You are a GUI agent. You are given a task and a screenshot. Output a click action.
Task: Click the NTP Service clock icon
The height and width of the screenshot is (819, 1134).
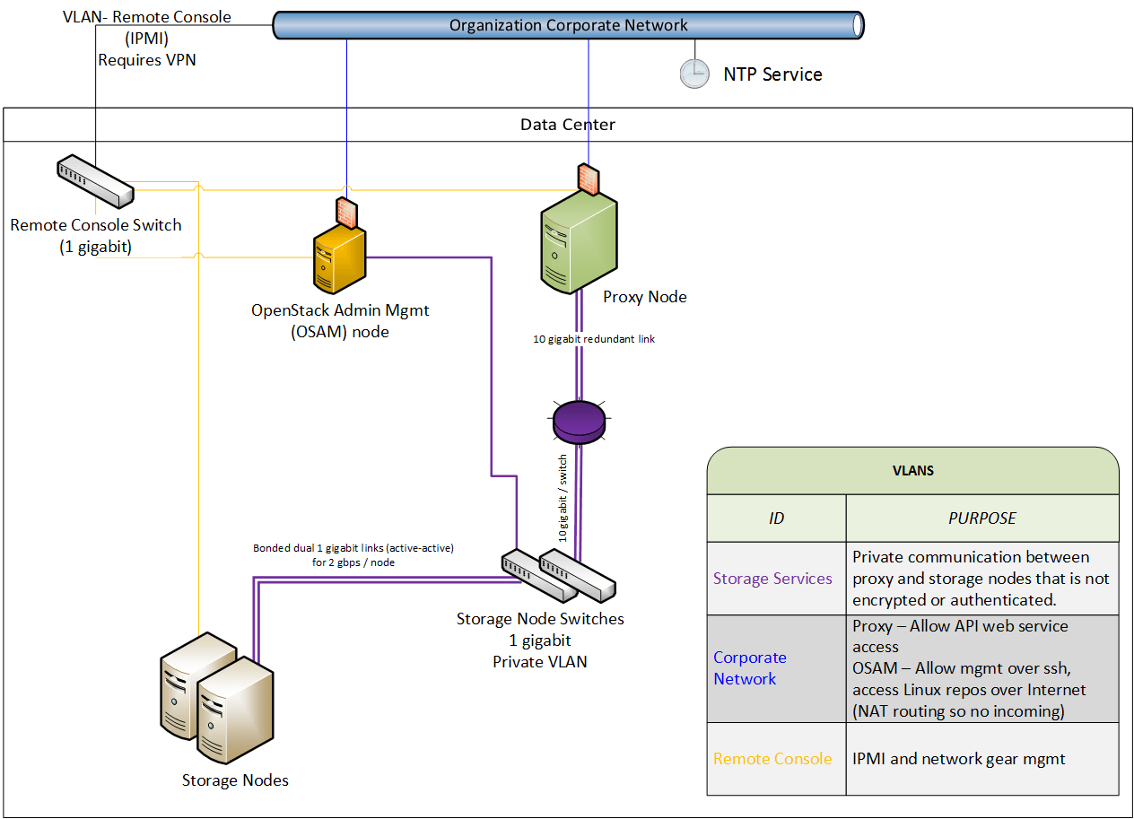click(693, 74)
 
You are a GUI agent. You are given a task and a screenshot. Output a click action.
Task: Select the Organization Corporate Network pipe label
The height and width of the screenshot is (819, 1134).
click(568, 25)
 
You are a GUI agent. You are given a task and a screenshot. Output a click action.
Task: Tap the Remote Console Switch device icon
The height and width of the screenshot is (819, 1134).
click(94, 179)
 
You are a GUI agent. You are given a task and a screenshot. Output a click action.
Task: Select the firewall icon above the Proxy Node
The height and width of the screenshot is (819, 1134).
click(589, 179)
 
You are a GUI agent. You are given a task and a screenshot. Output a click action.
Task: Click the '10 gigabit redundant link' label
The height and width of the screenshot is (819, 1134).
click(593, 339)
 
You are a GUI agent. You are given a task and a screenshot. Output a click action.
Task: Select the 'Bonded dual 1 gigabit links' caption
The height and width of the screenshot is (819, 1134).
click(353, 554)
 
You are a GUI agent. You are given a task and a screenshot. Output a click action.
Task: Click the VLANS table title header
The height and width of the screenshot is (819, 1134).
click(912, 470)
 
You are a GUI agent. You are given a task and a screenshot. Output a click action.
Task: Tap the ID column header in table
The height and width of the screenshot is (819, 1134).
click(776, 518)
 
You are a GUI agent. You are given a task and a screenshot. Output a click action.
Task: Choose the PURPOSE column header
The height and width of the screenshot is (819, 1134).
click(981, 518)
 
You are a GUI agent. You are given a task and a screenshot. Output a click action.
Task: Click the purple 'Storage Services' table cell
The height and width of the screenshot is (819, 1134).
click(772, 579)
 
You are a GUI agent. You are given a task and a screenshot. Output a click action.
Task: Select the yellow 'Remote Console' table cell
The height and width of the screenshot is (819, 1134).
click(772, 759)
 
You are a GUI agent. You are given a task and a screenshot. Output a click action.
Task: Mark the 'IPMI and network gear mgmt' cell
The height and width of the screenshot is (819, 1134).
click(958, 759)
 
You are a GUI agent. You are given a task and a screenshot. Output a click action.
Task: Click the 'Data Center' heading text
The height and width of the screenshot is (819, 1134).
click(568, 125)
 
